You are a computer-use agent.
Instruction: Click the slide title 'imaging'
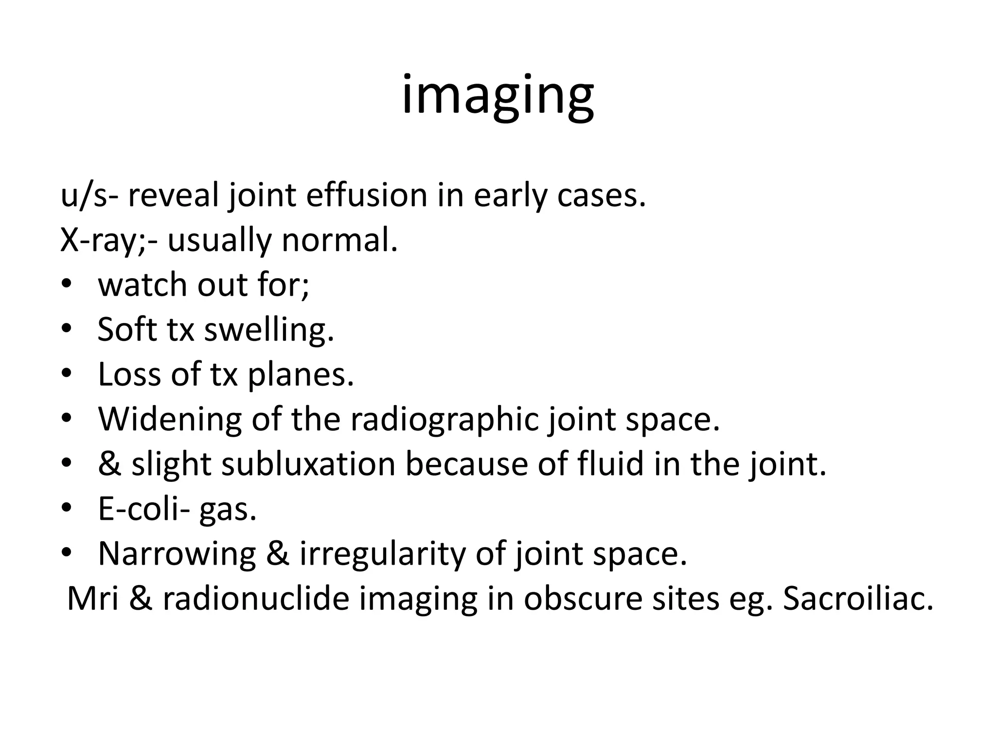498,95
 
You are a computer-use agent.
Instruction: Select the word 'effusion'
367,195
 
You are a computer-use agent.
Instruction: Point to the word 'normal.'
339,240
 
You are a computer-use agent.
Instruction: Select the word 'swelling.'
269,330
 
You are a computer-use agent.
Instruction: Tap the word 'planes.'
301,375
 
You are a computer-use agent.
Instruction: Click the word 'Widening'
170,420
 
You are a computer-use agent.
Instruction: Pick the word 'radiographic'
444,420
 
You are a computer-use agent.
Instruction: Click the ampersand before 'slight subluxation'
109,464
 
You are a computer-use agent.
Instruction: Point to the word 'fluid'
610,464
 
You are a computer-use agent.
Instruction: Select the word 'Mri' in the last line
93,599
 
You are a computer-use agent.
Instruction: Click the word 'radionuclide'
256,599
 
